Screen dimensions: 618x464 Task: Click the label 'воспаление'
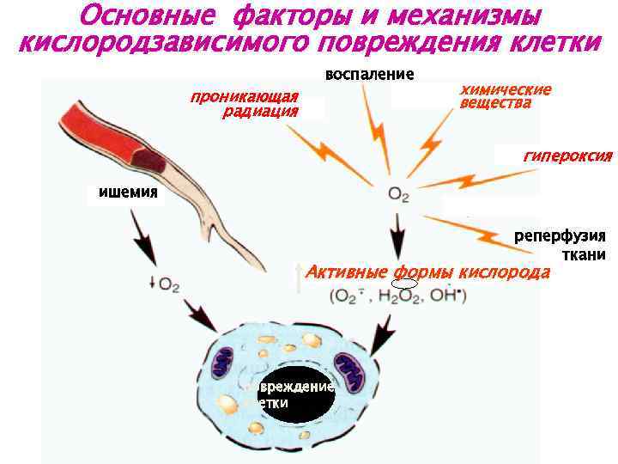click(369, 75)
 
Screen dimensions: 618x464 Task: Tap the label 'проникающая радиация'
click(244, 103)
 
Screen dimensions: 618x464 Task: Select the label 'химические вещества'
click(506, 96)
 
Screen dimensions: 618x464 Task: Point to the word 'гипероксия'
click(567, 156)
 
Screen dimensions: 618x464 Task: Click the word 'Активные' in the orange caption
click(341, 273)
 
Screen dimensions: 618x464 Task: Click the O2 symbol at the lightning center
click(398, 195)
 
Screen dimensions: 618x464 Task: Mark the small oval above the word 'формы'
click(404, 283)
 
